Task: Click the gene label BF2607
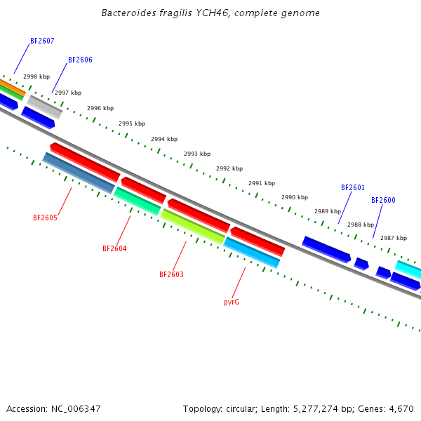42,41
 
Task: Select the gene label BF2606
80,60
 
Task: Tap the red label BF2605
45,218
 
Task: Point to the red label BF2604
114,248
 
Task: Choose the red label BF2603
171,274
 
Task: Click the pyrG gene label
232,302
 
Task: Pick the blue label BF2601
353,187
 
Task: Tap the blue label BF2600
383,200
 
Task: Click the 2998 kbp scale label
36,77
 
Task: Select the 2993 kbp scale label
197,154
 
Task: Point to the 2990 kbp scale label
295,198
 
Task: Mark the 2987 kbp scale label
394,239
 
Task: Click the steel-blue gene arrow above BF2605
78,173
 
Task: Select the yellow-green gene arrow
192,226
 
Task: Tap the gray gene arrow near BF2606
45,107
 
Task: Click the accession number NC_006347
73,408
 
